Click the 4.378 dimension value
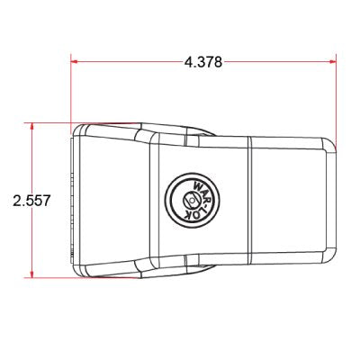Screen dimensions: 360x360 203,62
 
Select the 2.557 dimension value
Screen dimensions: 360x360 31,201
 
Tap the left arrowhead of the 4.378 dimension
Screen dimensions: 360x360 75,62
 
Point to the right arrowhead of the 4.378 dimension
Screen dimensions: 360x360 332,62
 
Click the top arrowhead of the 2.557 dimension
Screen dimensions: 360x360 31,127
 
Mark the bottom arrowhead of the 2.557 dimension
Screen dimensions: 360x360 31,274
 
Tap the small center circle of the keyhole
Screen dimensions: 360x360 191,199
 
